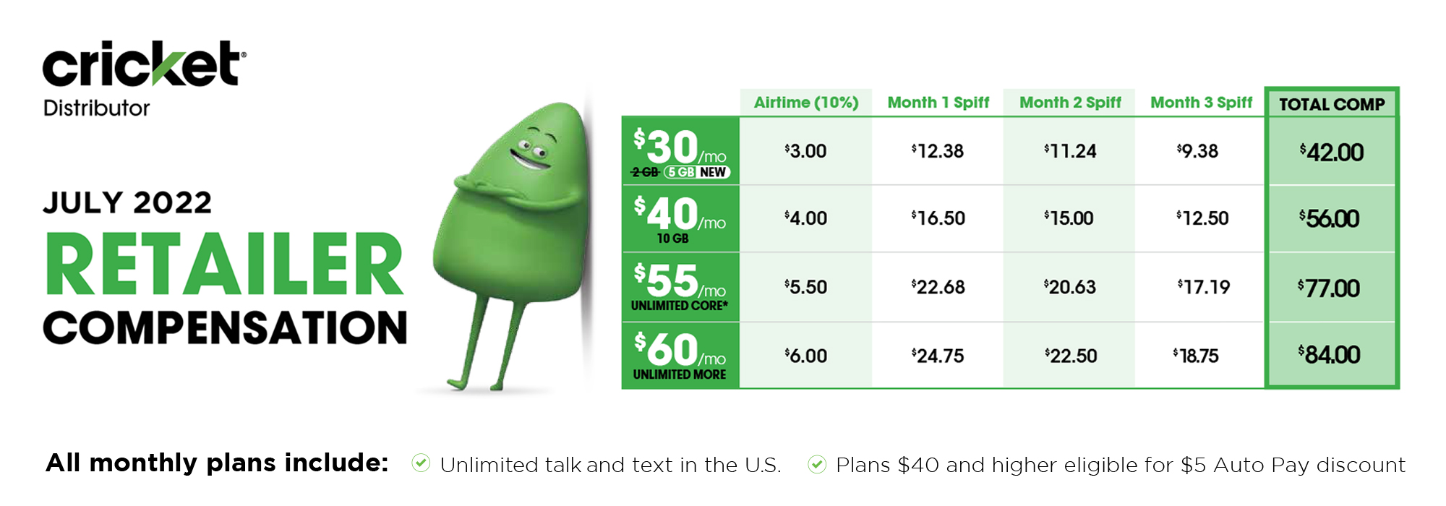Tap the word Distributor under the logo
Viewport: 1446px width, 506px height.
[96, 108]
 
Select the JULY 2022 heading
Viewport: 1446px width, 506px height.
[127, 202]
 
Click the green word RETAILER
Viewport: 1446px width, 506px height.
[224, 265]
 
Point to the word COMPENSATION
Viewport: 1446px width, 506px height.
[225, 327]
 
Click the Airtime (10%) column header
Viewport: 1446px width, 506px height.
[806, 103]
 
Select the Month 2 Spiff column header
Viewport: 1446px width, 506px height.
[1070, 103]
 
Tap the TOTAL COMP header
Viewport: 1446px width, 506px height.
[1332, 105]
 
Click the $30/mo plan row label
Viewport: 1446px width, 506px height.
[680, 151]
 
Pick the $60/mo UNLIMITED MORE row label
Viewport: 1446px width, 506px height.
[680, 356]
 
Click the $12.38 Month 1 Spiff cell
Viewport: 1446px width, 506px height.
[938, 151]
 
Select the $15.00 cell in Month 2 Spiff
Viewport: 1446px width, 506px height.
[1069, 218]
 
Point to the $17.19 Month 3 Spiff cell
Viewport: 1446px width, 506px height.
[1204, 287]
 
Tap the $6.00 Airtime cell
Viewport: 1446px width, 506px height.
[805, 356]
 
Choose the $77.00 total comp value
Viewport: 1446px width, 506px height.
[1329, 288]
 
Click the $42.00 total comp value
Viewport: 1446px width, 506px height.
[1331, 153]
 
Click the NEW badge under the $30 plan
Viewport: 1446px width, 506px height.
[713, 172]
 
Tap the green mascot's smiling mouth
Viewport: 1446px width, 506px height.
[530, 159]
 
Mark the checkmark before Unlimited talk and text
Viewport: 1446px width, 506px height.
[421, 463]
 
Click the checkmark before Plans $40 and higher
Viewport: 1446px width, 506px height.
[817, 463]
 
